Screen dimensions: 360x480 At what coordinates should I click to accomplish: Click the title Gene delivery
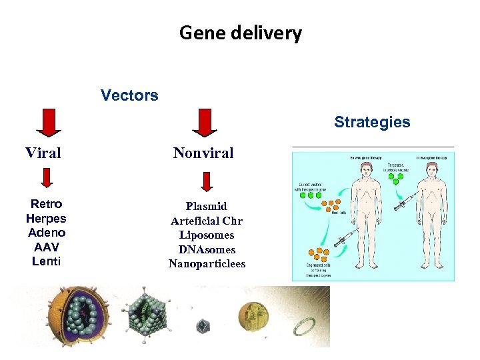(240, 33)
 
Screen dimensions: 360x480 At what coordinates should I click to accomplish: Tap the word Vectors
(129, 95)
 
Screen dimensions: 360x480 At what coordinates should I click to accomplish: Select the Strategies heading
(372, 122)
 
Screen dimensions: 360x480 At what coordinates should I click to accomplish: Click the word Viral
(43, 153)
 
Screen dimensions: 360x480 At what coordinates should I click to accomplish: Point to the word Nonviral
(203, 153)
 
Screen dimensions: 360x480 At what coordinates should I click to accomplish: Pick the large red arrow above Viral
(47, 123)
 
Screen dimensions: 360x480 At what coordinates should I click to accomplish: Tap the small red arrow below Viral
(47, 178)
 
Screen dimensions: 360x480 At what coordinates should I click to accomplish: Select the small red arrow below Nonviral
(207, 181)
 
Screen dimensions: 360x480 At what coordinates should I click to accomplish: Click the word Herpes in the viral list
(46, 218)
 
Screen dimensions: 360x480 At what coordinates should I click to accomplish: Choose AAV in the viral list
(47, 247)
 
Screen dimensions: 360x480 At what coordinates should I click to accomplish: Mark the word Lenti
(46, 261)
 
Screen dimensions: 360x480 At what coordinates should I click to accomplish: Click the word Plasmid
(207, 207)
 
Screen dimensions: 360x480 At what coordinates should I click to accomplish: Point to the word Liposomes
(207, 235)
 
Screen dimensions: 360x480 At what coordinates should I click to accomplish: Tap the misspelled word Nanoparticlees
(207, 264)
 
